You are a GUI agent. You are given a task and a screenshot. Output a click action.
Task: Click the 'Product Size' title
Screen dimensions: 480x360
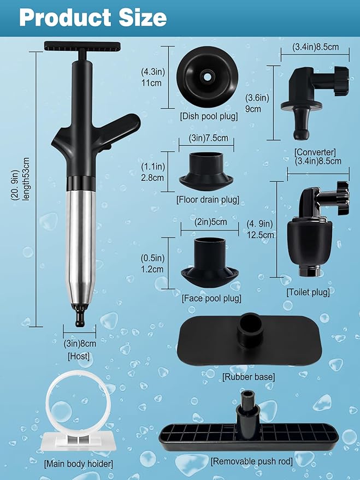coord(92,17)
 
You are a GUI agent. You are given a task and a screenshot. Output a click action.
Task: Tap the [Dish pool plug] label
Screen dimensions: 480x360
coord(209,116)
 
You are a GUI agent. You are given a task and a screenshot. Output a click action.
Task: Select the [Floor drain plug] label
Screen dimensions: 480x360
coord(208,199)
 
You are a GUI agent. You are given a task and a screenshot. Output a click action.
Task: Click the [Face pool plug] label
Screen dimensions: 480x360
coord(211,298)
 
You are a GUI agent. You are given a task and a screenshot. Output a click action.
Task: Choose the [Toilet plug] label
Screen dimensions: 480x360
coord(308,292)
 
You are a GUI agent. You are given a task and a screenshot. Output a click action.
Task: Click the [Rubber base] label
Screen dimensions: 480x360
coord(248,377)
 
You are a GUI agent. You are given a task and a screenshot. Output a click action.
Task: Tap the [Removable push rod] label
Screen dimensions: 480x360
coord(251,461)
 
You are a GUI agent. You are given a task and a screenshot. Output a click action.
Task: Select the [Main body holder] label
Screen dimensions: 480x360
coord(79,464)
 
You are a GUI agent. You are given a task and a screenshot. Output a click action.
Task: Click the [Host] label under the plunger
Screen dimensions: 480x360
coord(79,356)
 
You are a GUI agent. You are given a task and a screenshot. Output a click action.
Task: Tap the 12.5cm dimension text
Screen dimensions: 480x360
coord(261,235)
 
